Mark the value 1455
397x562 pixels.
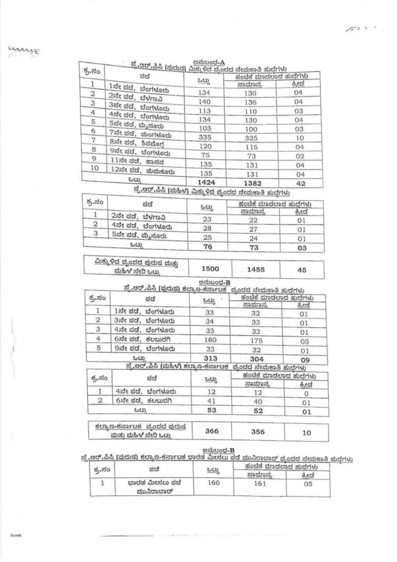tap(255, 269)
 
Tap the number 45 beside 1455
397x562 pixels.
tap(303, 269)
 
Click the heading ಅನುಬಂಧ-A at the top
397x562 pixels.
tap(202, 63)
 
